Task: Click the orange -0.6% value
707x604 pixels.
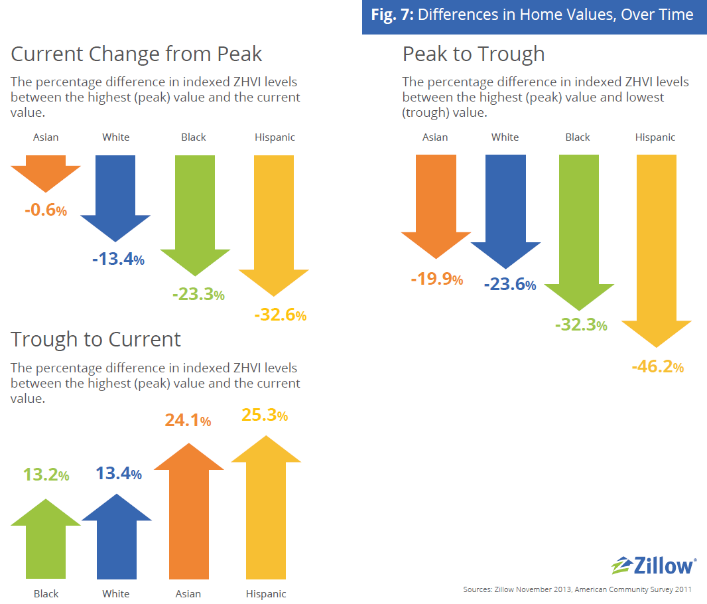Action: [46, 210]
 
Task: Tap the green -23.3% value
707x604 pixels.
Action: [198, 295]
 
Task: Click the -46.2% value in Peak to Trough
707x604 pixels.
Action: [657, 366]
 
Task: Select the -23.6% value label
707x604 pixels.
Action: [509, 285]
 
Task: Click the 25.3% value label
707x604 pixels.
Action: [263, 415]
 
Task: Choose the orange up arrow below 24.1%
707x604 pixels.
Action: [188, 511]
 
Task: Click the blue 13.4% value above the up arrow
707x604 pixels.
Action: [118, 474]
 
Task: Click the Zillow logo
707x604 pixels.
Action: [653, 566]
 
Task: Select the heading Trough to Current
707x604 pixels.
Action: [96, 339]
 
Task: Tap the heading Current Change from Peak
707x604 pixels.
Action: [137, 53]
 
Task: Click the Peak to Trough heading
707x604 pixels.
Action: [474, 54]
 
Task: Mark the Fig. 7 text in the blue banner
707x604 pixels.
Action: [392, 15]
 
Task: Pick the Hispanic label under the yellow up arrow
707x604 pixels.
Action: [266, 593]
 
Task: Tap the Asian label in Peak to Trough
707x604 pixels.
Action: [435, 137]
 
